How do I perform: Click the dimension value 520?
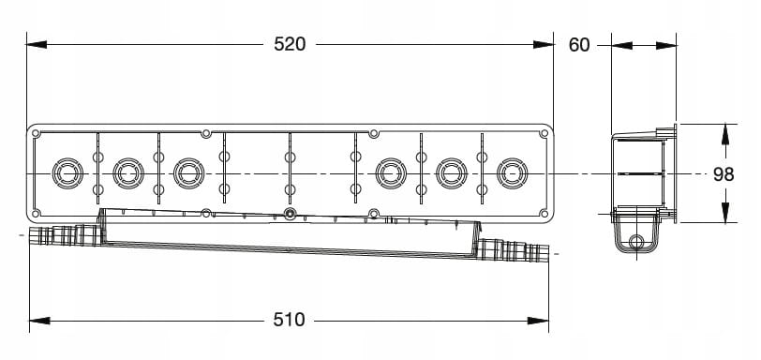point(290,44)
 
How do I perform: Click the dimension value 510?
point(290,320)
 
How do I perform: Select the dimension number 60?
point(579,45)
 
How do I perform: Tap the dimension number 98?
point(724,174)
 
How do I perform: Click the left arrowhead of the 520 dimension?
point(37,45)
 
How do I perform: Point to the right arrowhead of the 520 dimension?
point(543,45)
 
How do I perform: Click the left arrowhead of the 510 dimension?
point(39,321)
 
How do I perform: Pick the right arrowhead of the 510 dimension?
point(538,321)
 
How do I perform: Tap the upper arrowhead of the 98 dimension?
point(725,134)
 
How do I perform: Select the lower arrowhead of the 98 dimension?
point(725,213)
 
